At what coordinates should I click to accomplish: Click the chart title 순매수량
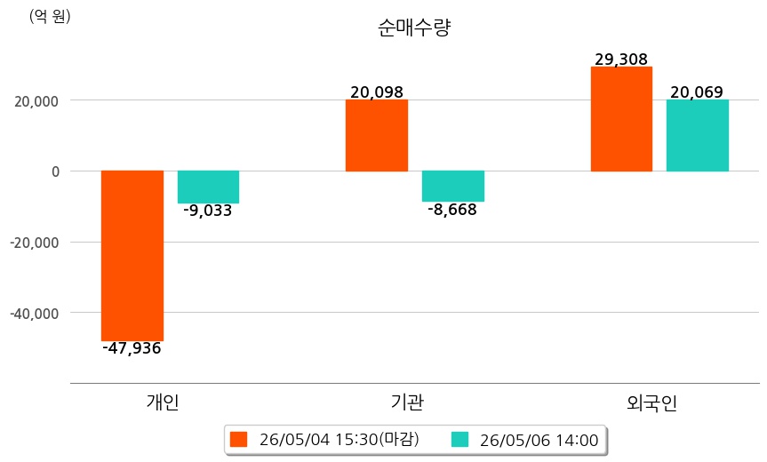coord(414,28)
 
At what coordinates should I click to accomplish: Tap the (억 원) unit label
coord(50,17)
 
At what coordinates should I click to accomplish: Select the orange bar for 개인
coord(132,256)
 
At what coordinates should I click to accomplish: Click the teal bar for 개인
coord(208,187)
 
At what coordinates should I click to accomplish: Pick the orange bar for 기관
coord(377,135)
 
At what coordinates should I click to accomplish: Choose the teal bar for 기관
coord(453,187)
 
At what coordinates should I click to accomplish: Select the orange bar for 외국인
coord(621,119)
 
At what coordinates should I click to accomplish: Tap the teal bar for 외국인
coord(698,135)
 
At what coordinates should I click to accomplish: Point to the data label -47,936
coord(132,348)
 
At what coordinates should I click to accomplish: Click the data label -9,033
coord(207,211)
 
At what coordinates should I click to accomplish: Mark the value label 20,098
coord(377,92)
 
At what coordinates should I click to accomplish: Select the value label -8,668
coord(452,210)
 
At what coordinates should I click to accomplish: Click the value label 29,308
coord(621,60)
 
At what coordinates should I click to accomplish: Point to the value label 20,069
coord(697,92)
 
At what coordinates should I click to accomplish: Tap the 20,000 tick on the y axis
coord(36,101)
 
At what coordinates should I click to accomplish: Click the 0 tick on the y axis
coord(55,171)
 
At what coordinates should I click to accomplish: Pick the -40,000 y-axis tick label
coord(35,313)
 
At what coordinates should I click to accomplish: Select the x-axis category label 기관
coord(407,402)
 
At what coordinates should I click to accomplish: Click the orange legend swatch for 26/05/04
coord(239,440)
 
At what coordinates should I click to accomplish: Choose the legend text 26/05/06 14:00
coord(539,440)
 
